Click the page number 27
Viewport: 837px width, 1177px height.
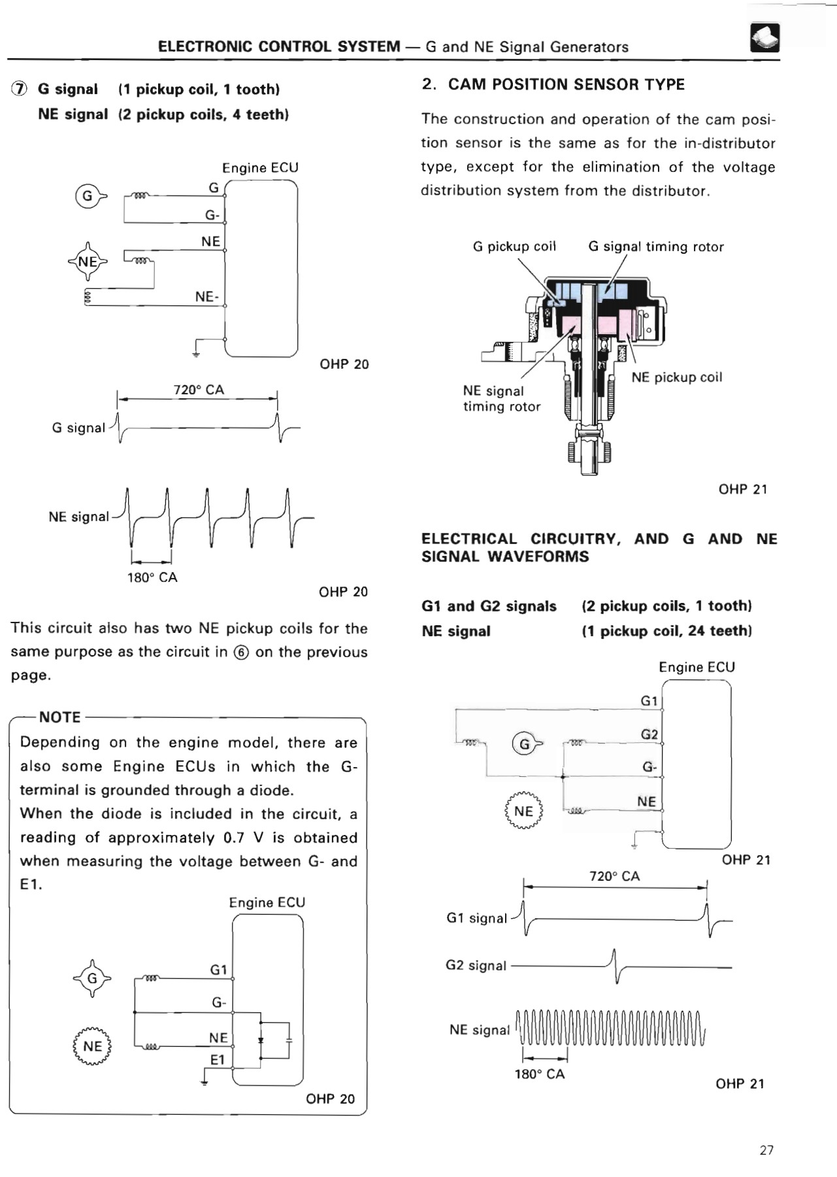tap(766, 1150)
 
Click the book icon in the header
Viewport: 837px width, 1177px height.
tap(764, 37)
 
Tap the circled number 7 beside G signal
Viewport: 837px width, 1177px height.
tap(20, 90)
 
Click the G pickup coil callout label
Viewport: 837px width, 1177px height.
tap(514, 247)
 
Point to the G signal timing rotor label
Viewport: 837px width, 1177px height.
tap(655, 247)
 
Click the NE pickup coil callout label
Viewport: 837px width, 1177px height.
tap(676, 377)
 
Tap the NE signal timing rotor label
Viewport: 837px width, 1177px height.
tap(501, 398)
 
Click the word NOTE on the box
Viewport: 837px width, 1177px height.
tap(59, 717)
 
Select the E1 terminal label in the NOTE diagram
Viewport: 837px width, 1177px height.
tap(218, 1059)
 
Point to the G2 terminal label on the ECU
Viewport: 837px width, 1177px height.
tap(649, 734)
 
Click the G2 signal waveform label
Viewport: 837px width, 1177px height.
tap(476, 965)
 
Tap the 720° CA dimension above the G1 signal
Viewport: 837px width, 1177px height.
tap(614, 876)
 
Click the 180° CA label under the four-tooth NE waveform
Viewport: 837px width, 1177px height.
tap(152, 577)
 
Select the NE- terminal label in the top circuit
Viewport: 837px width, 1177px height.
tap(206, 297)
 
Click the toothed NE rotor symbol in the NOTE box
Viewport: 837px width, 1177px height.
tap(92, 1046)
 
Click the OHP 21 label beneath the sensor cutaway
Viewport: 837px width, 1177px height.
tap(742, 489)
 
